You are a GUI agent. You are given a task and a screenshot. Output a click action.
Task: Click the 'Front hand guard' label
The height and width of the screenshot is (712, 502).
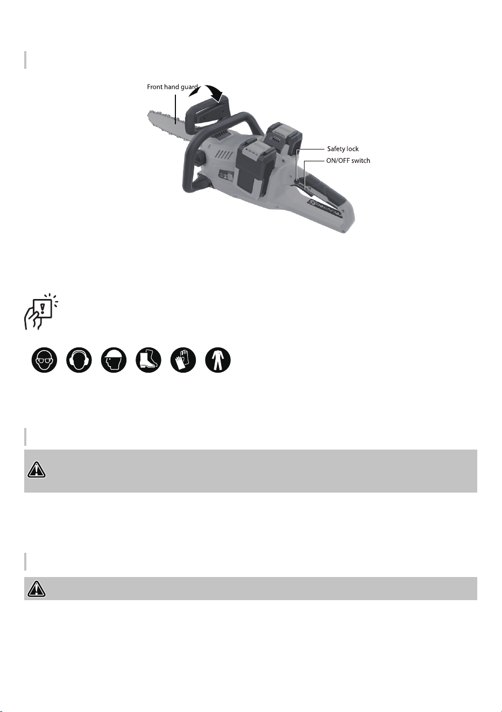tap(172, 87)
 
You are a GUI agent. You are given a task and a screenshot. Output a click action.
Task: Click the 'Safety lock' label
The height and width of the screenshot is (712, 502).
tap(343, 149)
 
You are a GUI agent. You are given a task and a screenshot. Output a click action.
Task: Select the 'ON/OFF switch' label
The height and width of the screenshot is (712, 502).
tap(348, 160)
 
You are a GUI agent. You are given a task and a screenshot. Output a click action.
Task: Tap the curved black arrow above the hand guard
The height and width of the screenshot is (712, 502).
tap(206, 92)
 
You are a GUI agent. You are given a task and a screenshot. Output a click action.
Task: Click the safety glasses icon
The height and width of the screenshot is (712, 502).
tap(44, 360)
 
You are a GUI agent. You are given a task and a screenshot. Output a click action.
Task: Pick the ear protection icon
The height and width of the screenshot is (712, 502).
tap(79, 360)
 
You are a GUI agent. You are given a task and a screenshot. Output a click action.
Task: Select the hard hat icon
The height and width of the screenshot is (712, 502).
tap(114, 360)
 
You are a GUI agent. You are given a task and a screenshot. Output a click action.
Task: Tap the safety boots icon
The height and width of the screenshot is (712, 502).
tap(149, 360)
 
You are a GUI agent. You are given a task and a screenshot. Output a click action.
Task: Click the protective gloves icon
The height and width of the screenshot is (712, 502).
tap(183, 360)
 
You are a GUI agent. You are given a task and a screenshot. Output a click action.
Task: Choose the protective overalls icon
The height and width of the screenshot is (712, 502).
tap(217, 360)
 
